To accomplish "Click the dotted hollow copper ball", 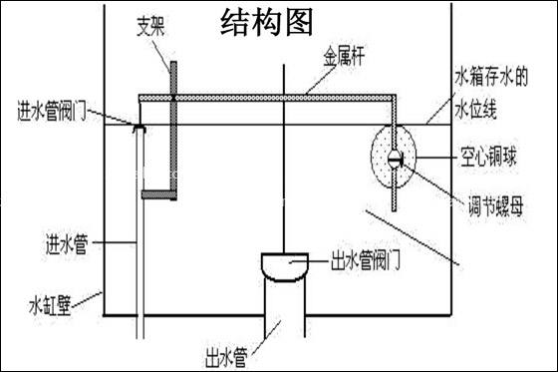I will pos(379,158).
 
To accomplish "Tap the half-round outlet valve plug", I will pos(287,265).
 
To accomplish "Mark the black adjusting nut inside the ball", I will pos(396,158).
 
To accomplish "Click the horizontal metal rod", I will pos(269,97).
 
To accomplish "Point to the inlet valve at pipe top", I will pos(139,126).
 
